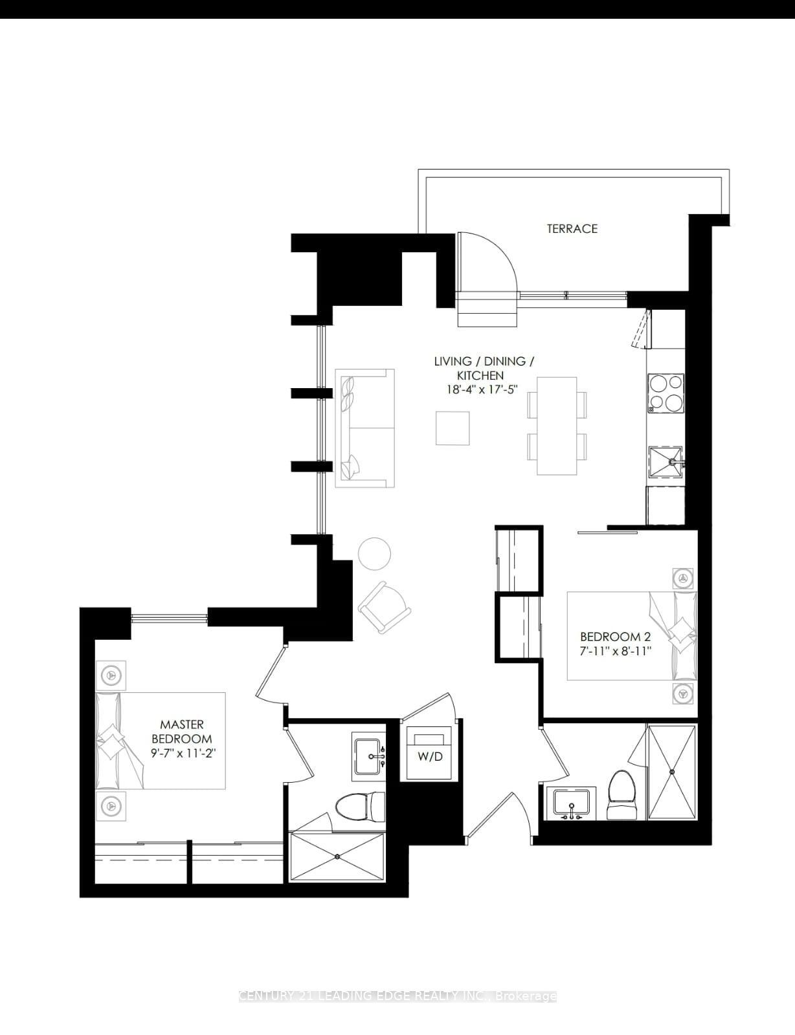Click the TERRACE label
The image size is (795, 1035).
(x=572, y=228)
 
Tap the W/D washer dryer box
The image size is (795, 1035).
(x=429, y=754)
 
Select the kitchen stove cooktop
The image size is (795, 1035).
(x=666, y=393)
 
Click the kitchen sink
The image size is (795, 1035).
(x=666, y=462)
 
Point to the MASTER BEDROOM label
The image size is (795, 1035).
(x=182, y=732)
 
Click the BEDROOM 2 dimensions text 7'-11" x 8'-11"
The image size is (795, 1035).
(x=615, y=651)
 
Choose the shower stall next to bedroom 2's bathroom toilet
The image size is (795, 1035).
(x=672, y=772)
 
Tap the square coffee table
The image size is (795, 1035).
(x=452, y=428)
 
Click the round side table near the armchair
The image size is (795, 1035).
(x=374, y=553)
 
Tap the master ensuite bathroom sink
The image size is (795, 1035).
(x=369, y=754)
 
